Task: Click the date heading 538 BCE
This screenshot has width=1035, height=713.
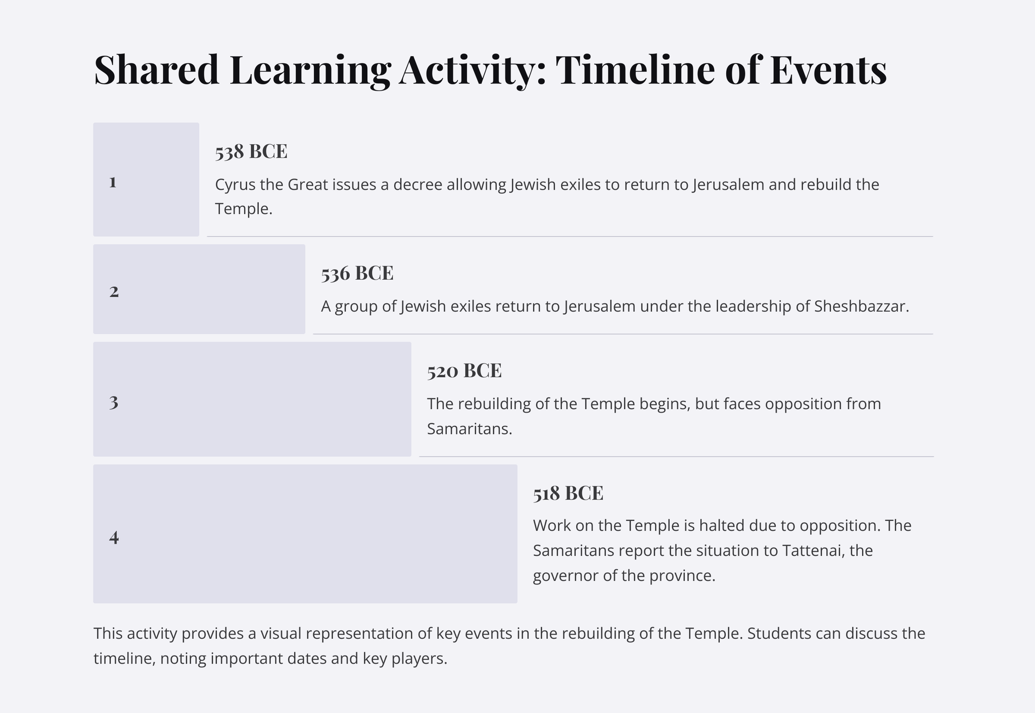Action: click(x=251, y=151)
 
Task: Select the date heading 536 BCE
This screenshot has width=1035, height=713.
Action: click(x=357, y=273)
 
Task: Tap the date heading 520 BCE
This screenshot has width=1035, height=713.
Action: click(x=464, y=371)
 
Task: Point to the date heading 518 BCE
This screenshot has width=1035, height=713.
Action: click(x=568, y=493)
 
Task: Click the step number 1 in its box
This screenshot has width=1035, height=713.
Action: click(x=113, y=182)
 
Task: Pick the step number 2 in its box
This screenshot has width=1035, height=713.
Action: click(x=114, y=291)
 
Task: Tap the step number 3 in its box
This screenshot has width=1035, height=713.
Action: click(x=114, y=403)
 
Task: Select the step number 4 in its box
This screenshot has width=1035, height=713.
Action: click(x=114, y=537)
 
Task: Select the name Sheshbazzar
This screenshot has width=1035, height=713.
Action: click(x=862, y=306)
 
